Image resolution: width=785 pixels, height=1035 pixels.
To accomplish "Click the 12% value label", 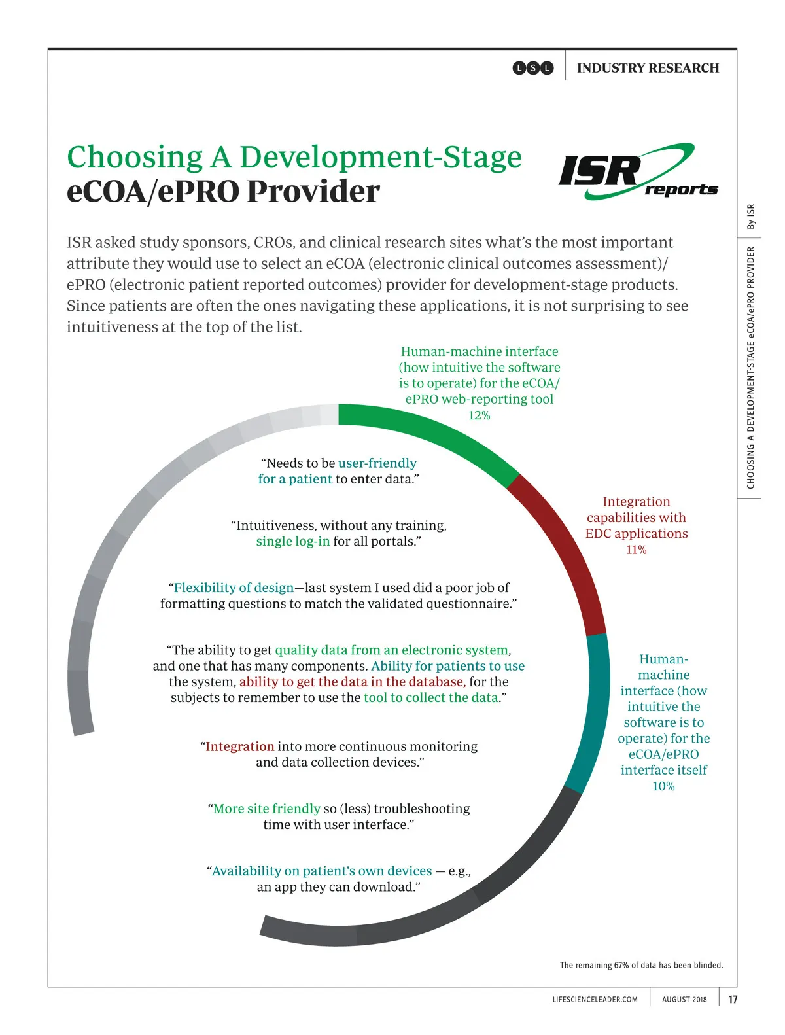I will [479, 415].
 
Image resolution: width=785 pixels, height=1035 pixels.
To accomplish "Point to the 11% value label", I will [636, 550].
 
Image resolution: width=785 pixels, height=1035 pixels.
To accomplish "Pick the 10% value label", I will [663, 786].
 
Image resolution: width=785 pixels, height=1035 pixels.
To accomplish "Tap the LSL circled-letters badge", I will [533, 68].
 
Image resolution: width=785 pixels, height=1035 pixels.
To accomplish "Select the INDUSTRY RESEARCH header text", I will [648, 68].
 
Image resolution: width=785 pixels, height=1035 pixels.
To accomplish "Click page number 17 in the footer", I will [733, 999].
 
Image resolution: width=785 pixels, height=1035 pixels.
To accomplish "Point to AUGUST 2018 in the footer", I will [684, 999].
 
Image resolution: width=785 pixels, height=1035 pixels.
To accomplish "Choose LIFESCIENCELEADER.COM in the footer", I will [595, 999].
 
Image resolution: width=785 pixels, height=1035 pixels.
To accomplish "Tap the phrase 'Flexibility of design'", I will [234, 588].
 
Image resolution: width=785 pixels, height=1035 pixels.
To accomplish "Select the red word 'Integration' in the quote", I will [239, 746].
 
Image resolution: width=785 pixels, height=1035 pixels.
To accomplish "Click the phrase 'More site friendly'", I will [266, 809].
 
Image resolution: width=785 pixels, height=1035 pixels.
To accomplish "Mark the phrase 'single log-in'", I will [292, 542].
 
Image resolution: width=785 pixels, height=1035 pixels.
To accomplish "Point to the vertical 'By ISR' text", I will [751, 217].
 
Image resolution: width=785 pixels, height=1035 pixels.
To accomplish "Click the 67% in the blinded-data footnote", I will [621, 965].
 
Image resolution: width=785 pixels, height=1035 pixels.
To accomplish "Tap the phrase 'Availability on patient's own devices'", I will [321, 871].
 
